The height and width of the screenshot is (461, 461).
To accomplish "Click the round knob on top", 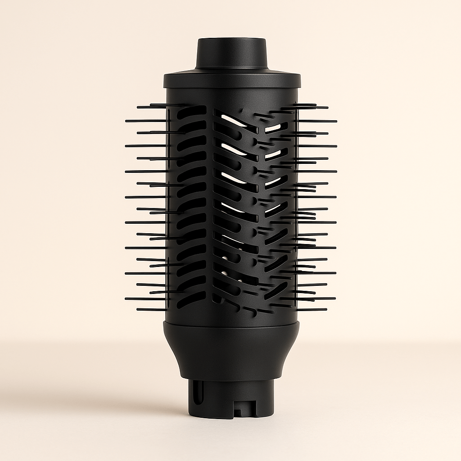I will (231, 53).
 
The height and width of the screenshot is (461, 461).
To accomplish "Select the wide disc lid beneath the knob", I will (231, 80).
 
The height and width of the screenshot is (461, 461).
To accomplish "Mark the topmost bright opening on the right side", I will (273, 128).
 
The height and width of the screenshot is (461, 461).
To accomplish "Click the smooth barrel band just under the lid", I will (231, 96).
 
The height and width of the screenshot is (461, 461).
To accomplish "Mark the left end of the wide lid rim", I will (165, 81).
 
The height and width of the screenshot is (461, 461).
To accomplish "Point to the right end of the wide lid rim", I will (299, 81).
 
